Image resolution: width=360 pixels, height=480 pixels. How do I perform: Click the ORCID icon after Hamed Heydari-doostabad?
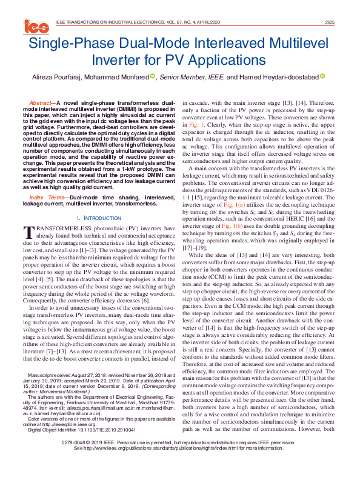(305, 76)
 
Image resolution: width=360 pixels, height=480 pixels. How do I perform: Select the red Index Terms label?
(47, 181)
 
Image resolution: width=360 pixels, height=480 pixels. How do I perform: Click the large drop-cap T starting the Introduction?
(28, 215)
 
